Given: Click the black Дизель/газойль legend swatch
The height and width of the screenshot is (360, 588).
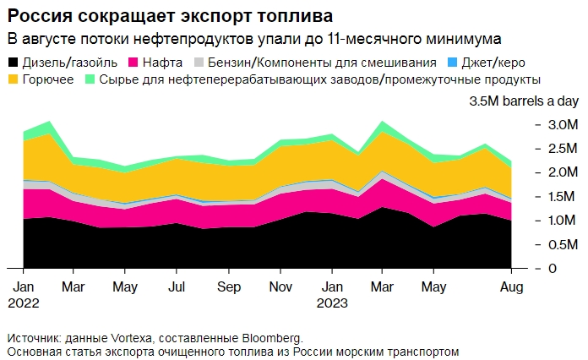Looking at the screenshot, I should click(x=13, y=63).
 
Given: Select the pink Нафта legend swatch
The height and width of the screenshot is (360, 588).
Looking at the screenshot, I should click(x=133, y=63).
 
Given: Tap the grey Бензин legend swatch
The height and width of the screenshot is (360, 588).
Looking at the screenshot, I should click(x=199, y=63).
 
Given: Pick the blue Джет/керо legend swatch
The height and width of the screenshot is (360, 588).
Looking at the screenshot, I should click(x=451, y=63).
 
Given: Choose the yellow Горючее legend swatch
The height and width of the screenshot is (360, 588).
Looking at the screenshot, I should click(x=13, y=79).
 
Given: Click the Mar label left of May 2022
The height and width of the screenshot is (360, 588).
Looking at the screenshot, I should click(x=74, y=286).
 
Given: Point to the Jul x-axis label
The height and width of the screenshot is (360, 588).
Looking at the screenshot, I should click(x=177, y=286).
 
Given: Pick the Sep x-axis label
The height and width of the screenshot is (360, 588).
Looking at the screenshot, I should click(x=229, y=286).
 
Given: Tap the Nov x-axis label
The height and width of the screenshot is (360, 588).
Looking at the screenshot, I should click(x=280, y=286).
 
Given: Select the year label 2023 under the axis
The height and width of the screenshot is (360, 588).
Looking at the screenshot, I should click(x=331, y=302).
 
